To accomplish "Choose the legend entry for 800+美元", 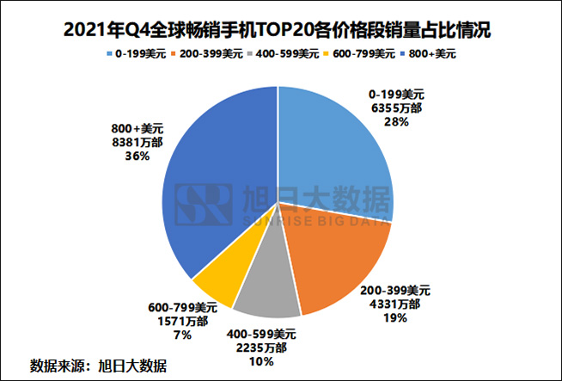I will [x=425, y=54].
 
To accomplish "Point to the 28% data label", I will [x=396, y=123].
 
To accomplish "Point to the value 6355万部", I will [x=396, y=110].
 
